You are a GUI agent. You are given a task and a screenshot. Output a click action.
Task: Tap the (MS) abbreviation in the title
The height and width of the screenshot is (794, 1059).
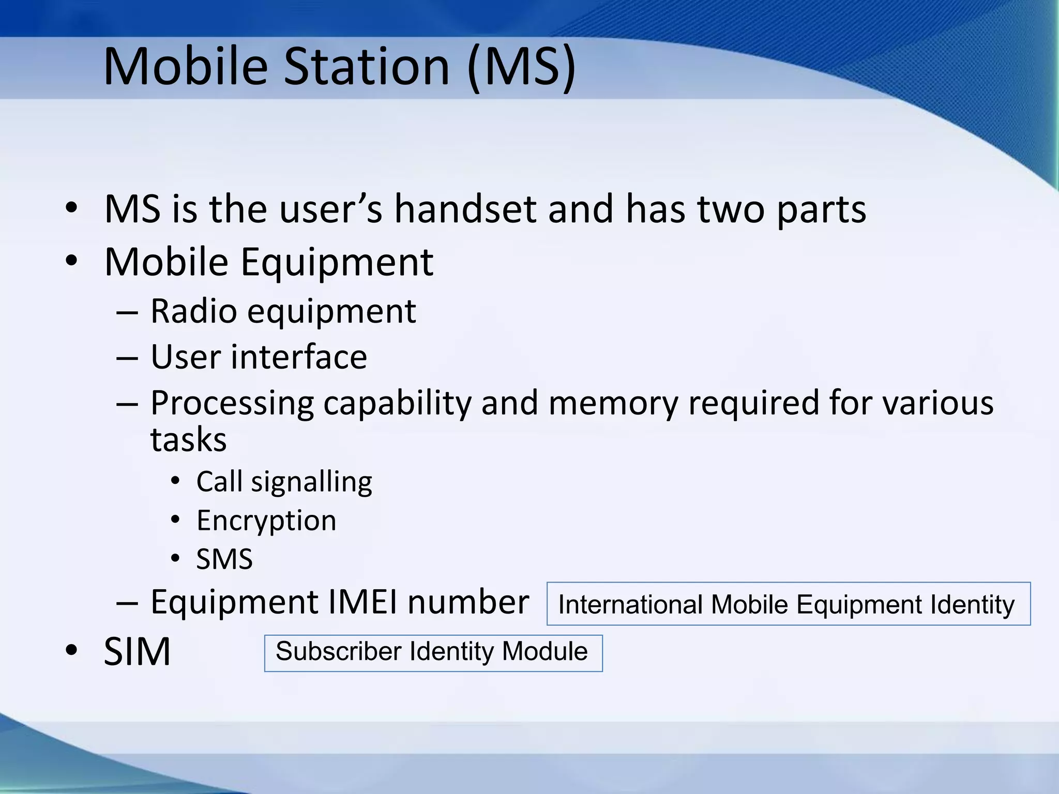click(x=521, y=67)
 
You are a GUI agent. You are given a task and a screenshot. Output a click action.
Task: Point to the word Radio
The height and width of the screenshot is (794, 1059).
click(x=193, y=312)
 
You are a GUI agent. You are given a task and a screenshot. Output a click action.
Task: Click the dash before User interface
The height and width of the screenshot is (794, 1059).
click(x=127, y=358)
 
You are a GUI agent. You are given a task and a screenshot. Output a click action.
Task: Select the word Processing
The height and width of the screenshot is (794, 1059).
click(x=232, y=404)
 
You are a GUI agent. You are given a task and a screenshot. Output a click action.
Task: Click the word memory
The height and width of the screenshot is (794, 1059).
click(x=613, y=404)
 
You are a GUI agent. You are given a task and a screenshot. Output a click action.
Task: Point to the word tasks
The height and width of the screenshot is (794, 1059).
click(x=188, y=440)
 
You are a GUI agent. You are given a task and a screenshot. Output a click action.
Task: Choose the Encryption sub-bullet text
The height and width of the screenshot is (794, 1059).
click(x=266, y=521)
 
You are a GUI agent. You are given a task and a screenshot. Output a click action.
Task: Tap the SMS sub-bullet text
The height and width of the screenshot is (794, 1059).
click(x=224, y=559)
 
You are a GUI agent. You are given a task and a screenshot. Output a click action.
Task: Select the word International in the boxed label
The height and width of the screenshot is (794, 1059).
click(x=629, y=605)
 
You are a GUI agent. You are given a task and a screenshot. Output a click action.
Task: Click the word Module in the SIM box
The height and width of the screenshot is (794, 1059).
click(x=544, y=651)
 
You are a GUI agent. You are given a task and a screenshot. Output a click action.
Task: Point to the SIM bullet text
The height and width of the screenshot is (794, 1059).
click(x=137, y=652)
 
